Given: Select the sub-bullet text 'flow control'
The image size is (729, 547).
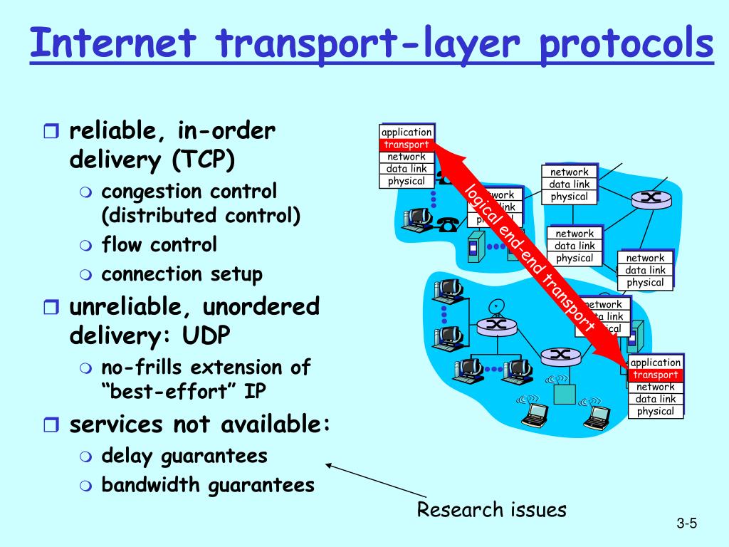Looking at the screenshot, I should click(159, 245).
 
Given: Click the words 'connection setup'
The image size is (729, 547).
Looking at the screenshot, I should click(182, 274).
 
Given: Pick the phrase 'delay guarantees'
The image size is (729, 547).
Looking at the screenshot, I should click(184, 455).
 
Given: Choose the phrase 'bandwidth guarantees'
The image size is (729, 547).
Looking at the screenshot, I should click(207, 485).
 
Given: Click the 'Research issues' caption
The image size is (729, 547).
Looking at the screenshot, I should click(491, 510).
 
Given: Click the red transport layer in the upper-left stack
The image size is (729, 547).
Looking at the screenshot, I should click(407, 145).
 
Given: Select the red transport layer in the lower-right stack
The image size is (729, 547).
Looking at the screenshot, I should click(656, 375).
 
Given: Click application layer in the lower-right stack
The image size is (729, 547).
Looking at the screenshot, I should click(656, 363).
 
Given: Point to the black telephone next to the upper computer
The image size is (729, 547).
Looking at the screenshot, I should click(447, 224).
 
